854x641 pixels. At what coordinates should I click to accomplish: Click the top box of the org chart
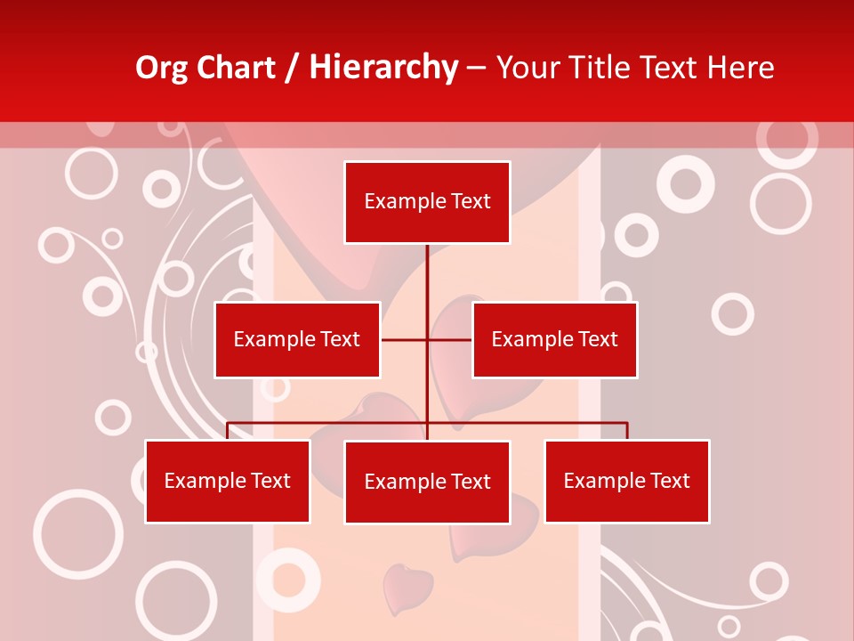tap(427, 202)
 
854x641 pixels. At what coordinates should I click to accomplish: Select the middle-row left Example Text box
tap(297, 339)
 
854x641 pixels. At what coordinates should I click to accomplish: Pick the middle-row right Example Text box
tap(554, 339)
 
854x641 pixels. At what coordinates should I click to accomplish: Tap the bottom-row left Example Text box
tap(228, 481)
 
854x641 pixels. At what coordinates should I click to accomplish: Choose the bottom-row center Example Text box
tap(427, 482)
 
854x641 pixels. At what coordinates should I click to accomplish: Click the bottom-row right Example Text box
tap(627, 481)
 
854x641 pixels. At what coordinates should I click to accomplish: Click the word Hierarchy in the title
tap(383, 67)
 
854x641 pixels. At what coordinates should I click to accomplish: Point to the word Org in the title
tap(162, 68)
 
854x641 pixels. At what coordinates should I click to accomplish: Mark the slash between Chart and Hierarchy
tap(293, 69)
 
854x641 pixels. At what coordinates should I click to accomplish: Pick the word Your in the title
tap(528, 68)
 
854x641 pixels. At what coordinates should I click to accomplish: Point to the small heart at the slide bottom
tap(407, 586)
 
